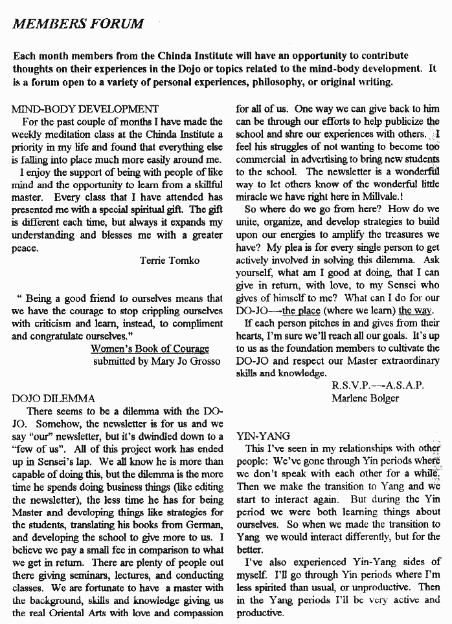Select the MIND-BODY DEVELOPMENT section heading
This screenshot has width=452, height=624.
click(x=85, y=109)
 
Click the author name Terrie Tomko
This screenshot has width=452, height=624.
click(x=170, y=261)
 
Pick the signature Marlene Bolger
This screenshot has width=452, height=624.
click(x=365, y=398)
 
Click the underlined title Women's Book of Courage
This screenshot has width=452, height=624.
click(x=150, y=349)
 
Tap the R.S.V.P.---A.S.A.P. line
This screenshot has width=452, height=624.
click(x=378, y=385)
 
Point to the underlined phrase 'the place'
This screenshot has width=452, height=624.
click(x=302, y=310)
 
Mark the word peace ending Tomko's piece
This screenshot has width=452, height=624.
click(x=25, y=248)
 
